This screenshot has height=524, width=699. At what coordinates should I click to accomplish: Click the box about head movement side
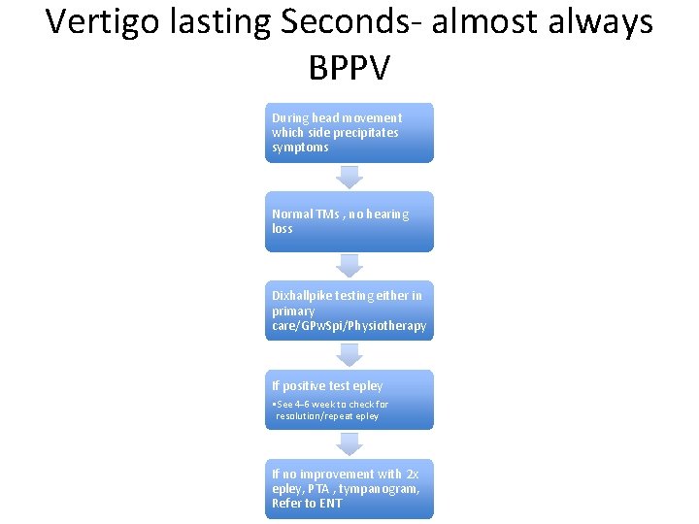point(349,133)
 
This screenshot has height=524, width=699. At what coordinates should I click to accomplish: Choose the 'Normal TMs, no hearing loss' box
point(349,221)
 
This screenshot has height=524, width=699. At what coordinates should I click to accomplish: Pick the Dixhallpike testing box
point(349,311)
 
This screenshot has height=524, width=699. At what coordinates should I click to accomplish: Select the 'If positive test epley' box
point(349,400)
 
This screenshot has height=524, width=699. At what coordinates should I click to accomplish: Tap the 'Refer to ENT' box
point(349,489)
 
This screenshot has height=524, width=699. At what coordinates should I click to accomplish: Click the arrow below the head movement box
point(349,177)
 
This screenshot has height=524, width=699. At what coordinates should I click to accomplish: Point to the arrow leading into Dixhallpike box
point(349,266)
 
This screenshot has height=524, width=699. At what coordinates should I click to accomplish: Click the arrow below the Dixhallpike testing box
point(349,355)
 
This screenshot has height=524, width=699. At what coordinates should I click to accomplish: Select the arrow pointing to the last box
point(349,444)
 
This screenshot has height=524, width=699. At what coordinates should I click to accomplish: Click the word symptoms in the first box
point(300,147)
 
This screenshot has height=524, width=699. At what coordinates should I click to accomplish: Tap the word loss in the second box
point(282,229)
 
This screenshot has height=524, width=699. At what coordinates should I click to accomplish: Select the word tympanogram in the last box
point(382,489)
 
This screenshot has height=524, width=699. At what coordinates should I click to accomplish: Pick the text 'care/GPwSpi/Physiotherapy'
point(349,326)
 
